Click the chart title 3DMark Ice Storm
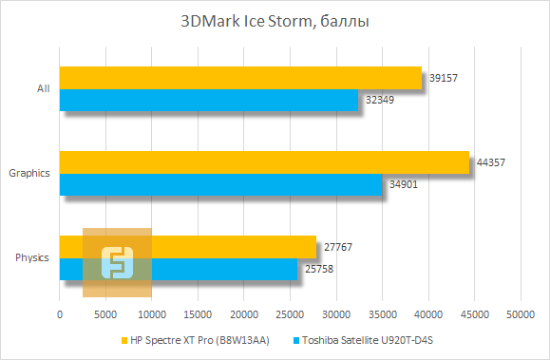pyautogui.click(x=275, y=19)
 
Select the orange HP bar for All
pyautogui.click(x=239, y=78)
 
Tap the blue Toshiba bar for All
pyautogui.click(x=209, y=99)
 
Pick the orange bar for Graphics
pyautogui.click(x=264, y=162)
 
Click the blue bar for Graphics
pyautogui.click(x=220, y=183)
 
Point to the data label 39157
pyautogui.click(x=443, y=78)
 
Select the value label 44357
pyautogui.click(x=489, y=162)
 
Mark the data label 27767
pyautogui.click(x=339, y=248)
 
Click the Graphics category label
pyautogui.click(x=28, y=173)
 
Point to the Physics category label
pyautogui.click(x=32, y=257)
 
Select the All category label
pyautogui.click(x=43, y=88)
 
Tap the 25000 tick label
pyautogui.click(x=290, y=313)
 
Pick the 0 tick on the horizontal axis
pyautogui.click(x=60, y=313)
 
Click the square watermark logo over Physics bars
pyautogui.click(x=117, y=263)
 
